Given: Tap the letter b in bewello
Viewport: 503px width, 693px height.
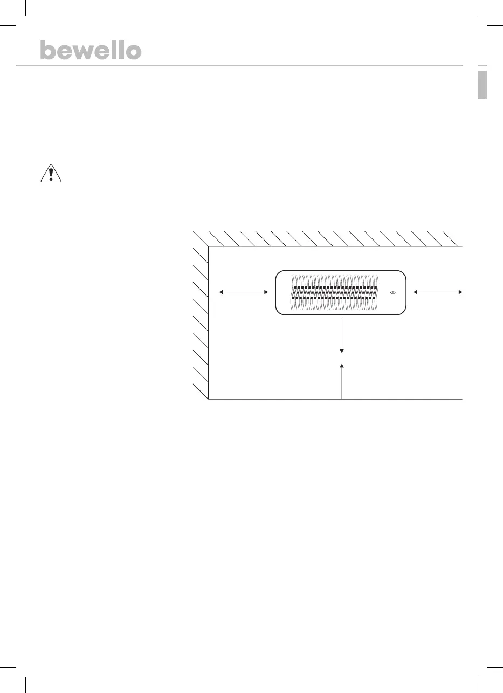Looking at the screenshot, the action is [48, 50].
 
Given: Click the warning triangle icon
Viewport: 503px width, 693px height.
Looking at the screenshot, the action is [51, 174].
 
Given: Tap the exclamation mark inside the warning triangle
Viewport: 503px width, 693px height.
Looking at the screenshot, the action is [51, 175].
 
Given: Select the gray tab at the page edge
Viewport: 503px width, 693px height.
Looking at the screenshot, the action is [482, 85].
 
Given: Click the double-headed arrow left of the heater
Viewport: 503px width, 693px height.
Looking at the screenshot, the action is [244, 292].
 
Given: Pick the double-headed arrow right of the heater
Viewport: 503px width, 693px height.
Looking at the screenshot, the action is [438, 292].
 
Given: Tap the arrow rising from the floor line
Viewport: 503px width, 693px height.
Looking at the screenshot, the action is [342, 381].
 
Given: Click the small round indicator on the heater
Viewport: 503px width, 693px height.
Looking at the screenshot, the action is [392, 292].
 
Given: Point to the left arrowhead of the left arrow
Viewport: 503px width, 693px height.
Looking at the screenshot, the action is [221, 292].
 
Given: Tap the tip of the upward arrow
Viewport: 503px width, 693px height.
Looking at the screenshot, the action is [342, 365].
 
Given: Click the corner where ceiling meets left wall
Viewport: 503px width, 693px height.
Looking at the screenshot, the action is [208, 246].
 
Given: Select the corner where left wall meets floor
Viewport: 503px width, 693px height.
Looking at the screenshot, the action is [208, 399].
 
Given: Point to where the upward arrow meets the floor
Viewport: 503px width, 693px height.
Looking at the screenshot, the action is [342, 399].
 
